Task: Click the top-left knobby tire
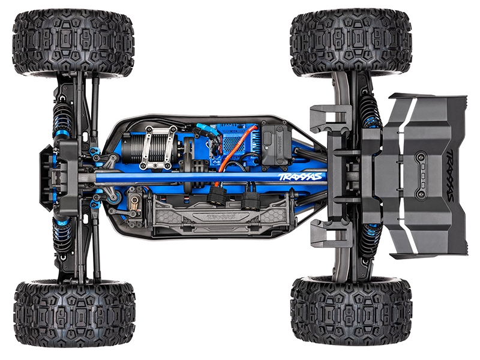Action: click(x=73, y=42)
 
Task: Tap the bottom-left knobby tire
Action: click(x=74, y=311)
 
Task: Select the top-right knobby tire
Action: click(x=351, y=42)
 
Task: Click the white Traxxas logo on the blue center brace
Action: click(x=300, y=176)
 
